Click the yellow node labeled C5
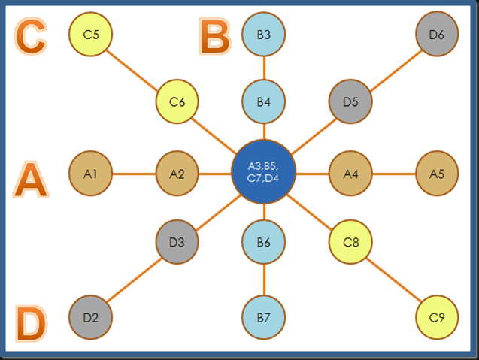click(91, 34)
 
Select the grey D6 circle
click(437, 34)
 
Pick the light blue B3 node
click(264, 34)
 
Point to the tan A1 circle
click(91, 174)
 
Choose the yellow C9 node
click(437, 317)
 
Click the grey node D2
click(91, 317)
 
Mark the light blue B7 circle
click(264, 317)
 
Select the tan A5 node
click(437, 174)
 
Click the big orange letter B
click(216, 36)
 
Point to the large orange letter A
click(31, 180)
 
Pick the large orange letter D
click(31, 325)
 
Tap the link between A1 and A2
click(134, 174)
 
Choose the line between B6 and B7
click(264, 280)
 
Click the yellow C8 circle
click(350, 242)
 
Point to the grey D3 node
click(177, 242)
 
